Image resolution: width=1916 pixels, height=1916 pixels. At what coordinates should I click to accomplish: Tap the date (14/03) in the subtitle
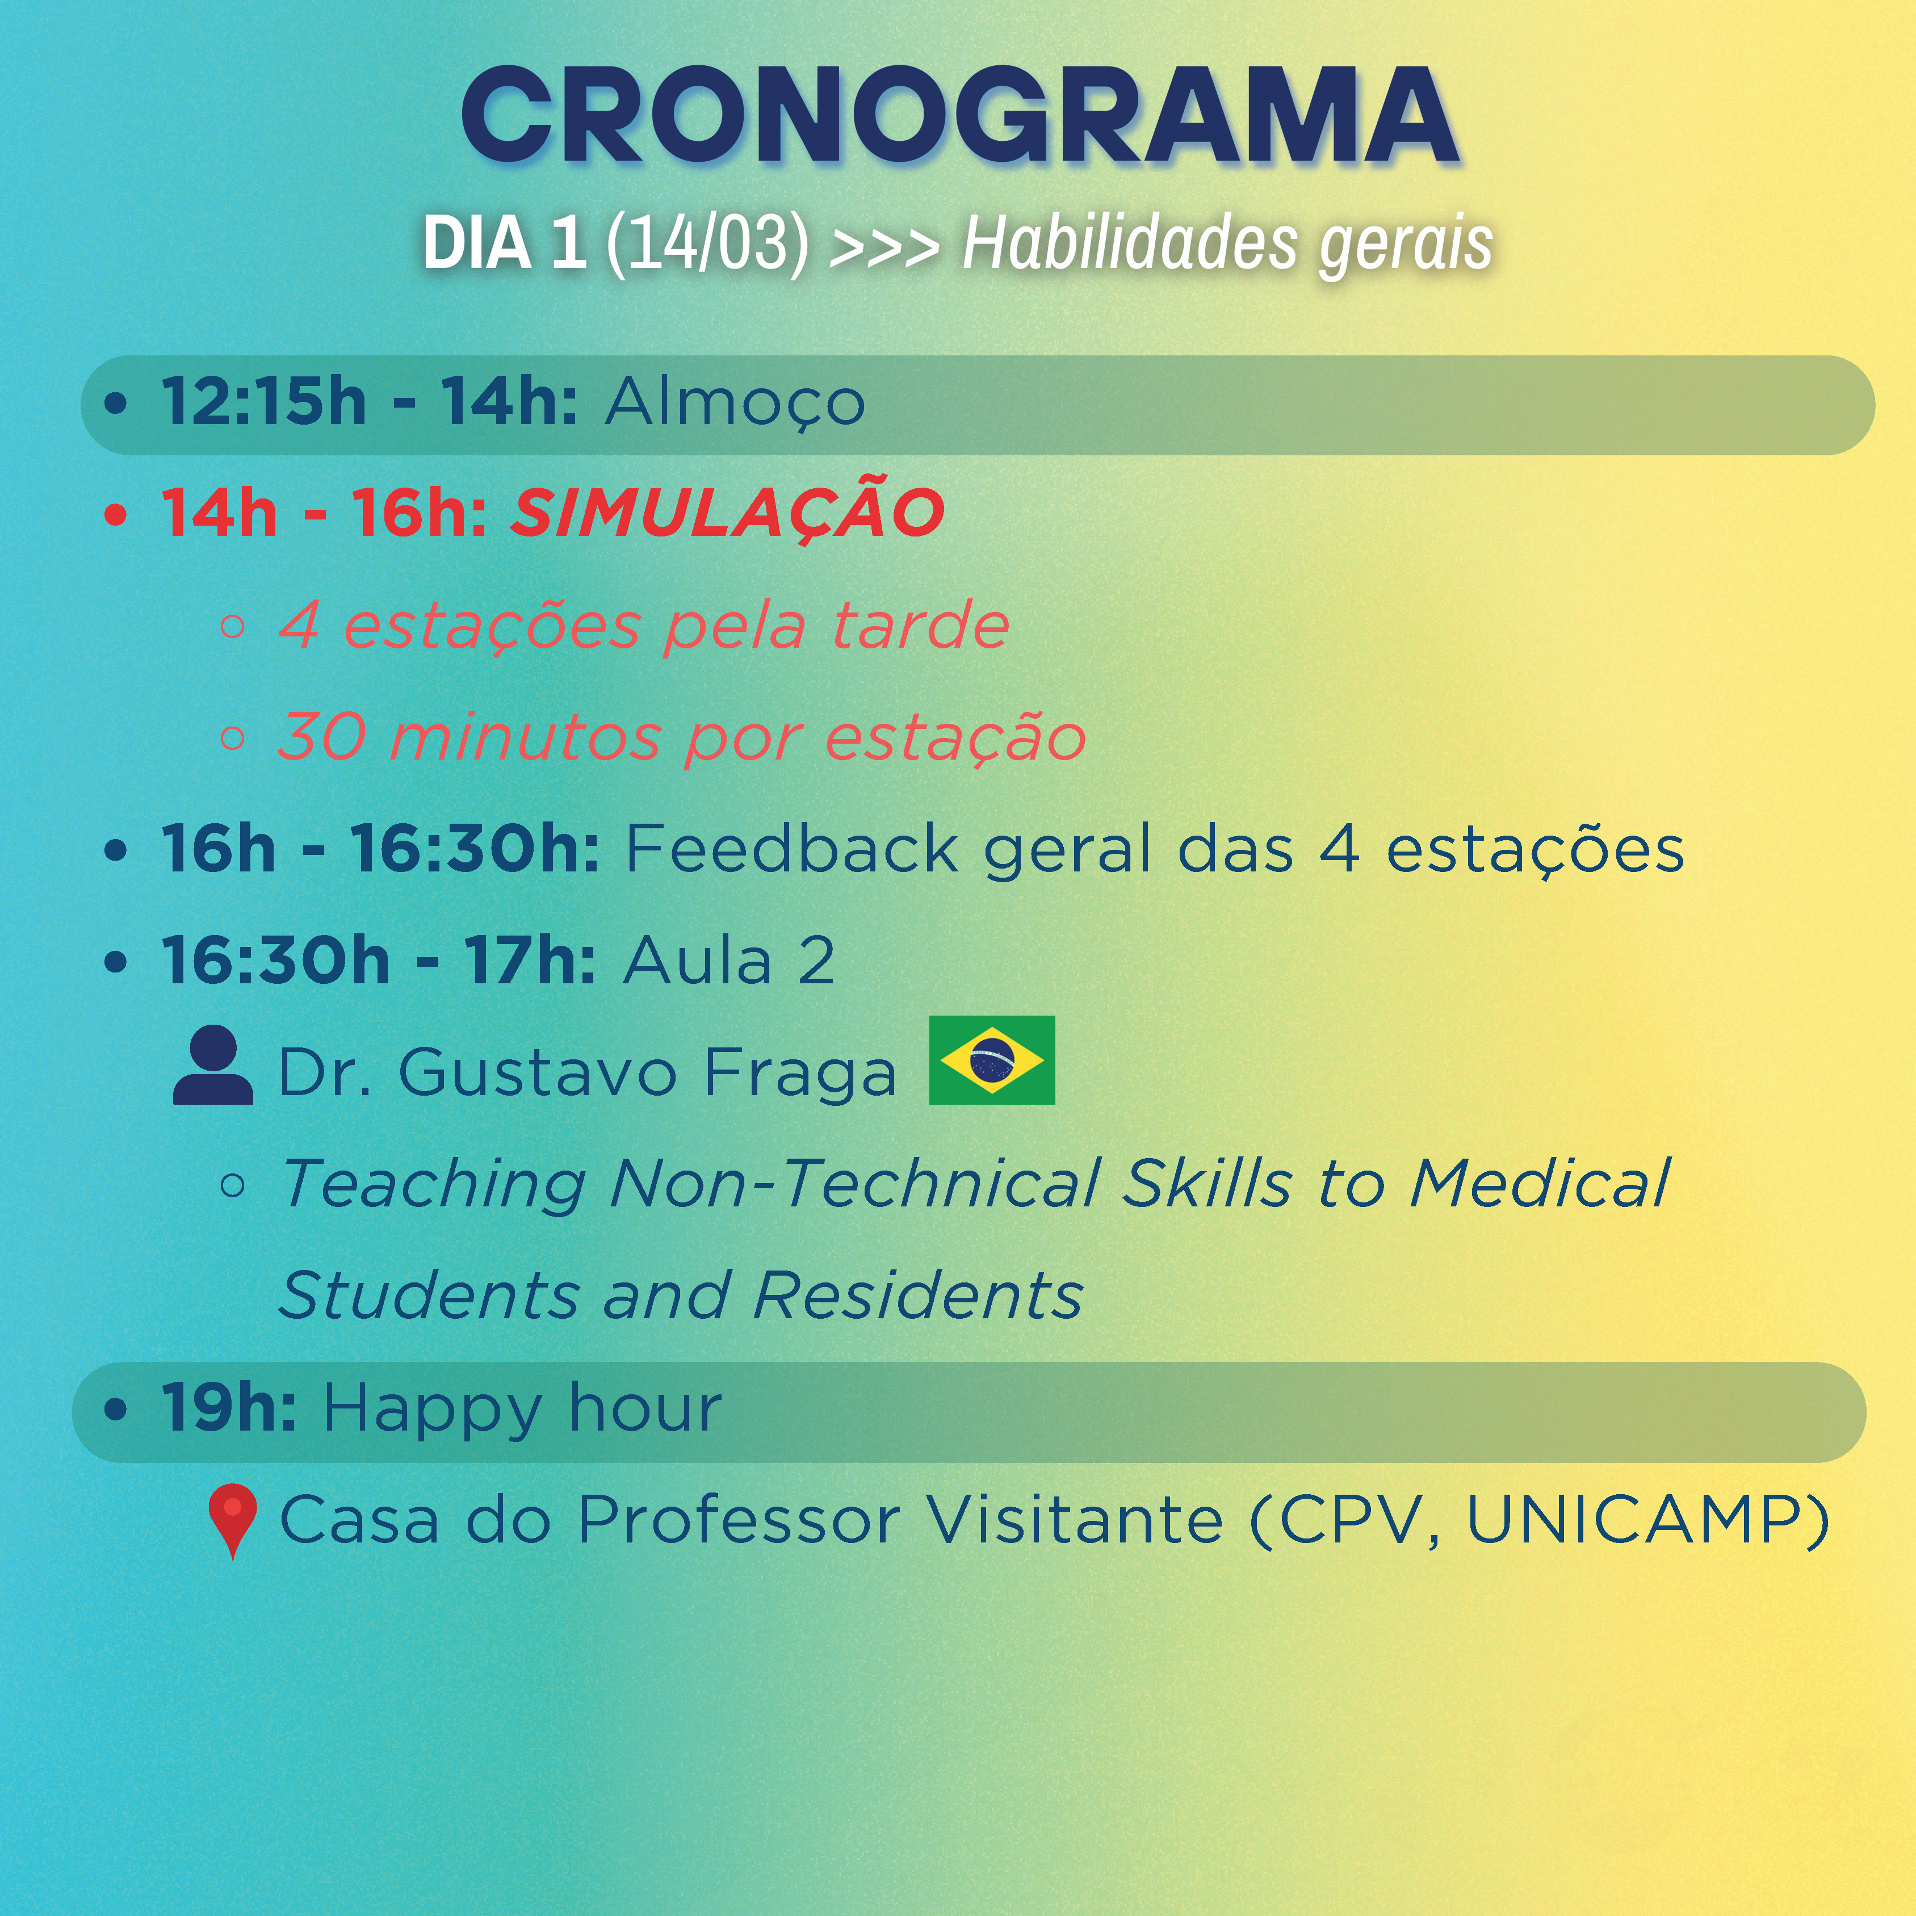coord(707,242)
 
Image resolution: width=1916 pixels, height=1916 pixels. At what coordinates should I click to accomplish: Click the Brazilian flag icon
coord(992,1060)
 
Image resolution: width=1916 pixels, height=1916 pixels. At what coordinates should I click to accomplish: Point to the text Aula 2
coord(729,961)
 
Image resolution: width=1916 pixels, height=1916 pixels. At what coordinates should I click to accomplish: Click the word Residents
coord(917,1295)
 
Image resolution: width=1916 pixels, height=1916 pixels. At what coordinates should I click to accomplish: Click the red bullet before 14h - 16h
coord(116,515)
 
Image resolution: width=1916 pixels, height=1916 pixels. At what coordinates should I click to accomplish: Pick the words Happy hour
coord(523,1409)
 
